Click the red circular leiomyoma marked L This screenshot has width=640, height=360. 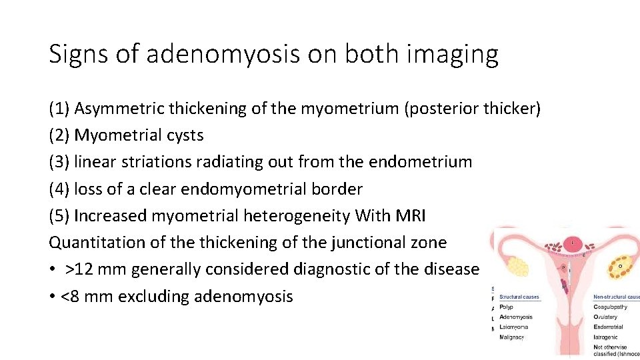coord(571,244)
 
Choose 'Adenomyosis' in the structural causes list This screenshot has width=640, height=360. coord(516,317)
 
